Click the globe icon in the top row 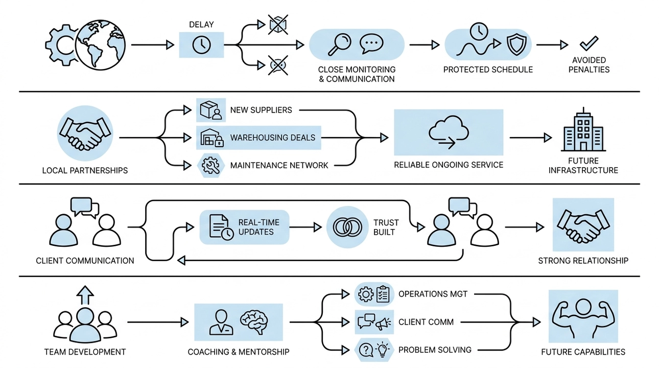[100, 45]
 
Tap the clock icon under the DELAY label [201, 45]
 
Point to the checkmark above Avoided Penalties [589, 43]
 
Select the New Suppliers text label [261, 110]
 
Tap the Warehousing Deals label [272, 137]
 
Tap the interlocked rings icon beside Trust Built [347, 227]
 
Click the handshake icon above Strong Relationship [583, 225]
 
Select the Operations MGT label [433, 294]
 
